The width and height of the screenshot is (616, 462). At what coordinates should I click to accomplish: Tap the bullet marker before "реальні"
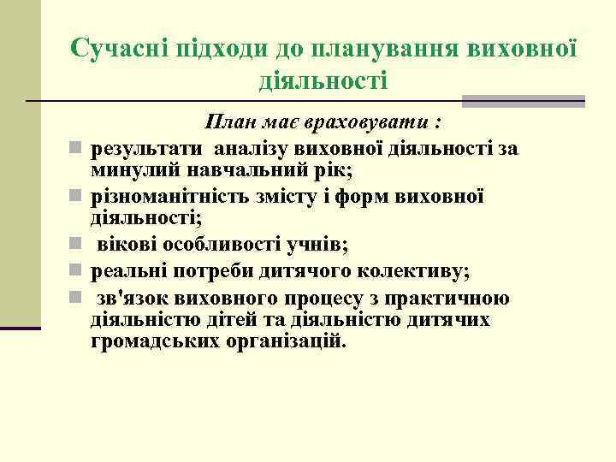pyautogui.click(x=76, y=271)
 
